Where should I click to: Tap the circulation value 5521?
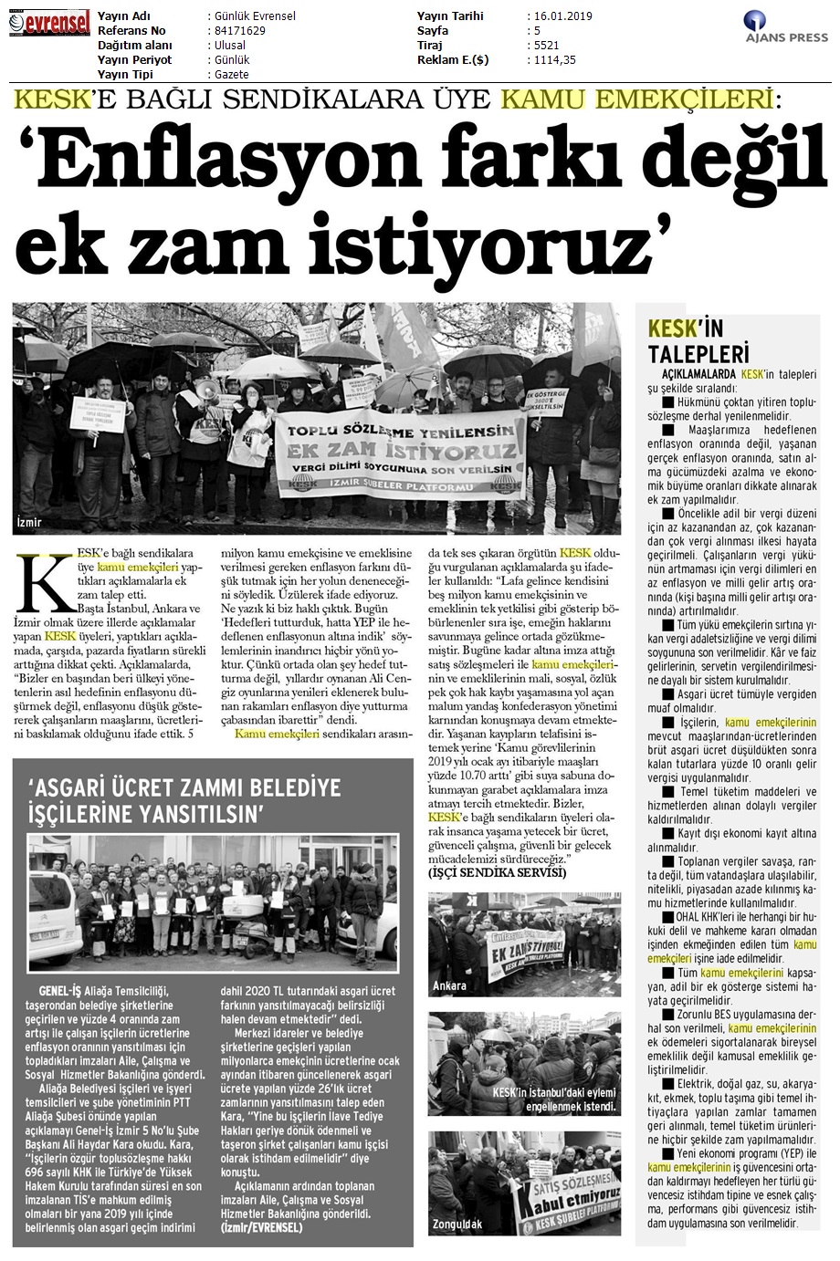point(544,46)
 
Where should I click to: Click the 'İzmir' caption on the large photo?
point(29,523)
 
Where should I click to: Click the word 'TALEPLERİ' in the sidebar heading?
point(698,353)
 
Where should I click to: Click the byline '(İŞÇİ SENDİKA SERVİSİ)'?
point(497,873)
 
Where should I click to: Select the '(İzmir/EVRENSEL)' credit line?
point(264,1227)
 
